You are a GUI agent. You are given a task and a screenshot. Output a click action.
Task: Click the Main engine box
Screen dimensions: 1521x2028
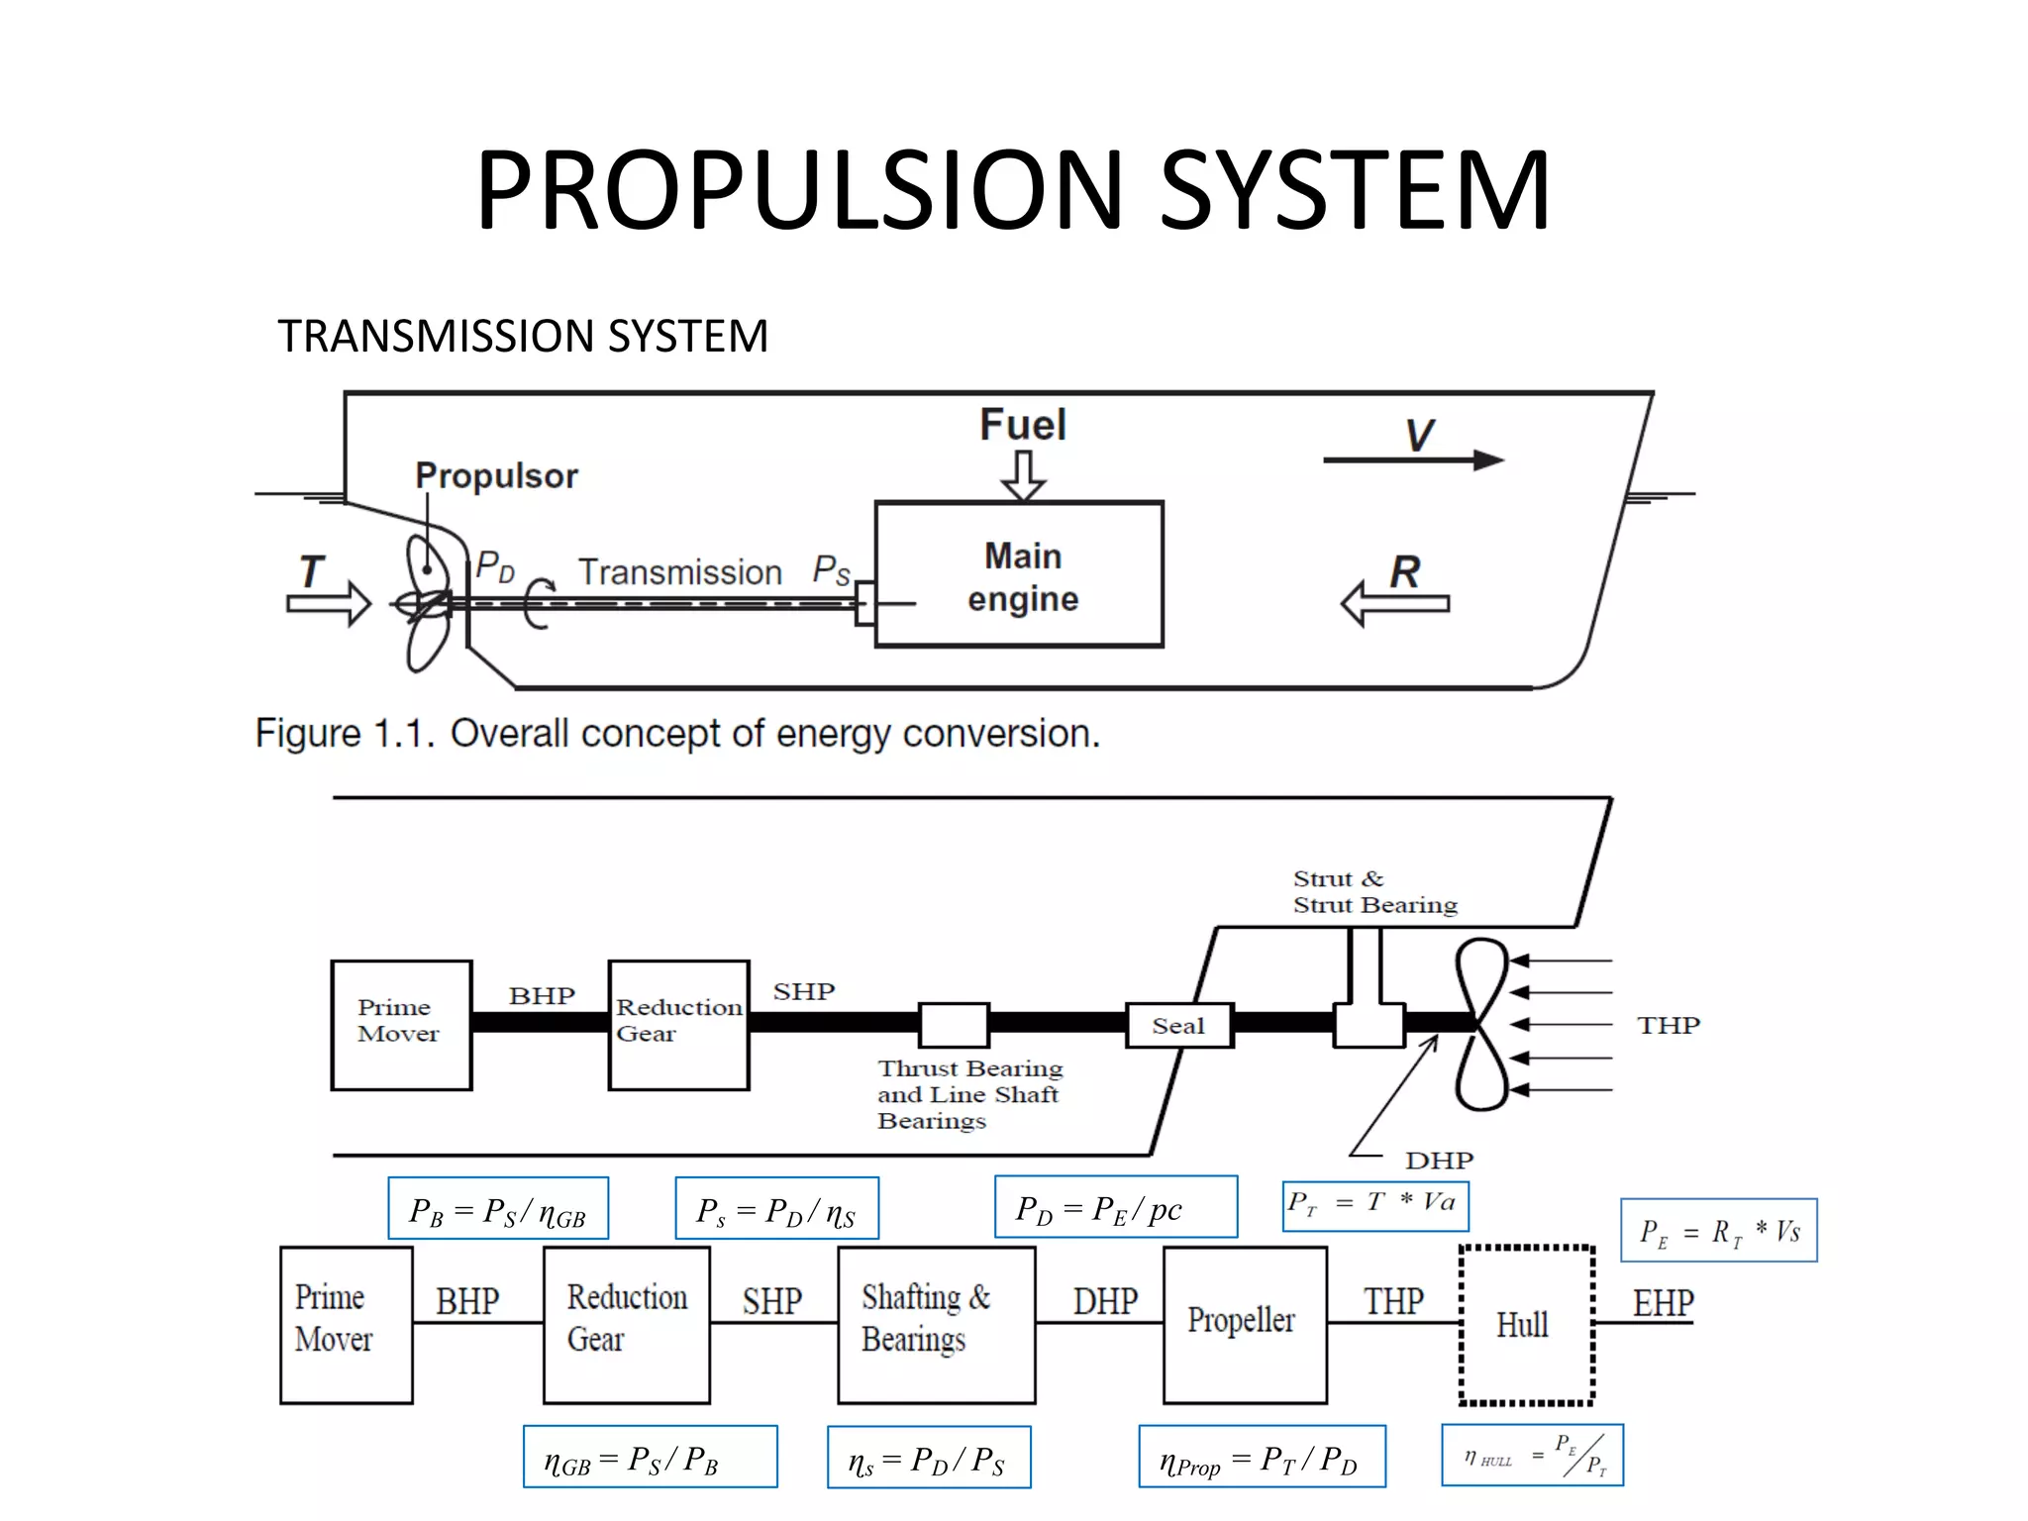point(1019,575)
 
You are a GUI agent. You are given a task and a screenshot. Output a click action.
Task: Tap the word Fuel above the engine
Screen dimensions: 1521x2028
point(1023,426)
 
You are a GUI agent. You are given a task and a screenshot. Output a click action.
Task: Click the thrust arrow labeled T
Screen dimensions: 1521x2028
point(328,603)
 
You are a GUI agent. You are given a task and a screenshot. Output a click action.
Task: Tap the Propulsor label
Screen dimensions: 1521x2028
point(496,476)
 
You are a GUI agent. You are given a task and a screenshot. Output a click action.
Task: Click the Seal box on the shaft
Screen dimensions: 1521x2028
point(1178,1026)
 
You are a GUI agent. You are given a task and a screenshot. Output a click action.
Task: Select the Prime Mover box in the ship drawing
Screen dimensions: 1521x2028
point(401,1025)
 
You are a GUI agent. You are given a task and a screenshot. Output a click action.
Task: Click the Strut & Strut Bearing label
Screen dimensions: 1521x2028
point(1374,892)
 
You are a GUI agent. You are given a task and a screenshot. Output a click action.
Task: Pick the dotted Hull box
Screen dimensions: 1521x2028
point(1526,1325)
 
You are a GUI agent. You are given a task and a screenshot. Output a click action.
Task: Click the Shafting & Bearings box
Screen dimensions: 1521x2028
point(936,1324)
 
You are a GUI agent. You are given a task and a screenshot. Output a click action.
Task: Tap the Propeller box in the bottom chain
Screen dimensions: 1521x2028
point(1244,1324)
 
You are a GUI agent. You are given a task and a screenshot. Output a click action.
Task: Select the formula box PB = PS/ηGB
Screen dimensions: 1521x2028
point(498,1209)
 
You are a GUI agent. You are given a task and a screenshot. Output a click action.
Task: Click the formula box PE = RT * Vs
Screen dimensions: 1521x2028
point(1718,1231)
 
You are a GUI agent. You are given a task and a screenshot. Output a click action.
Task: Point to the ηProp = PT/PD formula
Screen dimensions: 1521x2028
point(1261,1457)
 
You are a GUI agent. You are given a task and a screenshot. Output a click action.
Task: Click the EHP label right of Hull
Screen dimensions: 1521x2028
point(1663,1303)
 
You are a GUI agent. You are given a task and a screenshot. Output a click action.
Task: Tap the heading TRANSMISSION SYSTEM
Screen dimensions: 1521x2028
point(522,337)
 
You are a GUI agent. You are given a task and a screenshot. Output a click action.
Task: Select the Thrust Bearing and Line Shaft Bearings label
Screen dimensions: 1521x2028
point(968,1094)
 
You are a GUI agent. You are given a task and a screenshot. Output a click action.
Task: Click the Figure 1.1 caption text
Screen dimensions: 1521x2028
point(677,734)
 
